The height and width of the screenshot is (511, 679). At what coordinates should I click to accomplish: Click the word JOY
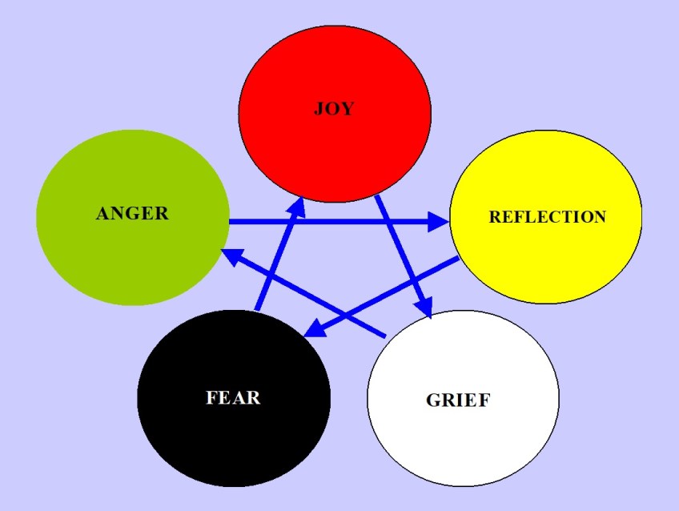point(333,109)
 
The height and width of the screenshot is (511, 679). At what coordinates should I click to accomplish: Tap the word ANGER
point(132,213)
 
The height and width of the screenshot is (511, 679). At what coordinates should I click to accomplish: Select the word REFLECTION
point(547,217)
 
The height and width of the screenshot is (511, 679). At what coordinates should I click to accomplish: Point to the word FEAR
point(233,396)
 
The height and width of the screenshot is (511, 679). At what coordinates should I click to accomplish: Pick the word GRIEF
point(457,400)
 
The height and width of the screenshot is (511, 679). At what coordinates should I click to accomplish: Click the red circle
point(335,152)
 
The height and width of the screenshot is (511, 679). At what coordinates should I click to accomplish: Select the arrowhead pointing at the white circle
point(424,308)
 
